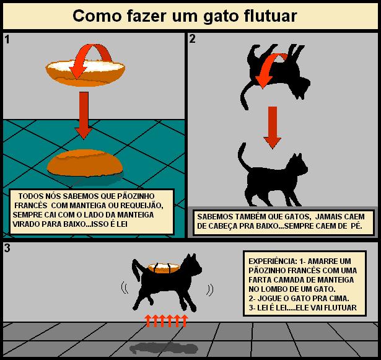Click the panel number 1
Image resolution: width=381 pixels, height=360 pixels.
pos(7,40)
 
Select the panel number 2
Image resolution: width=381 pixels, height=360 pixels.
pos(192,39)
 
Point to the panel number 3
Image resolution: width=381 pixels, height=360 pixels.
pos(7,248)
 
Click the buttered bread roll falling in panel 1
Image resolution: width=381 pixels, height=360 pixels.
pos(85,72)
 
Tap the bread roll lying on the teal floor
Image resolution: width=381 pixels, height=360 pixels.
pos(85,163)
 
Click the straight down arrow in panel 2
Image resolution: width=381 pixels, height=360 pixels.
pos(273,128)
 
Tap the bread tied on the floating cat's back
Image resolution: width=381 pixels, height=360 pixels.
pos(164,268)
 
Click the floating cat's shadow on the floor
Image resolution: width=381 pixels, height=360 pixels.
pos(164,348)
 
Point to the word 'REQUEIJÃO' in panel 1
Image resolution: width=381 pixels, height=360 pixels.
pos(142,206)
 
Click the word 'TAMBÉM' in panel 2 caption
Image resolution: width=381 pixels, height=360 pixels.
pos(248,217)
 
